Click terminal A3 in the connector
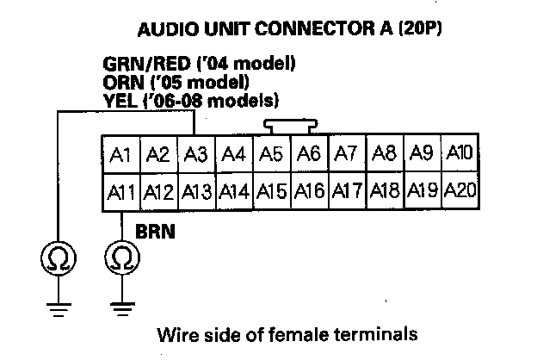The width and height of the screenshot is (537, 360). pyautogui.click(x=196, y=155)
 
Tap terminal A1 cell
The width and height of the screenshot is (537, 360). pyautogui.click(x=120, y=155)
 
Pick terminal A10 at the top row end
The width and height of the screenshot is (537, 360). pyautogui.click(x=460, y=154)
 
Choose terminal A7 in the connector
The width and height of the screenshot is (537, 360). pyautogui.click(x=346, y=155)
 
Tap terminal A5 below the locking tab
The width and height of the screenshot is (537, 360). pyautogui.click(x=271, y=155)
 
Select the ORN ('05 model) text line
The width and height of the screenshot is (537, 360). pyautogui.click(x=176, y=83)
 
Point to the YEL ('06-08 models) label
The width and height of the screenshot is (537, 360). pyautogui.click(x=195, y=101)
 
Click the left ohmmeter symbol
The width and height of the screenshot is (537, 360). pyautogui.click(x=56, y=257)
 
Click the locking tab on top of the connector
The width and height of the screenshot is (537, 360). pyautogui.click(x=287, y=127)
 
